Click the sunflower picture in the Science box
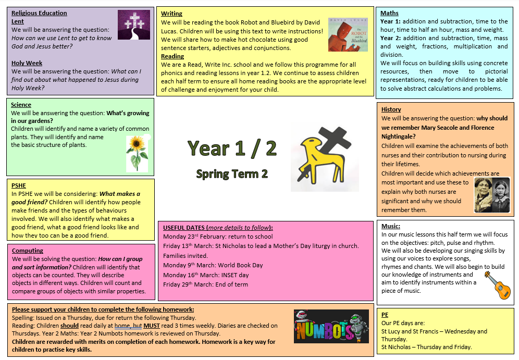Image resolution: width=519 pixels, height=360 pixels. (137, 152)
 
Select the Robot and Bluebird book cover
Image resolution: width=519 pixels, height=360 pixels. (348, 35)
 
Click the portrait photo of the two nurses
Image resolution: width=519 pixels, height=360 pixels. (491, 195)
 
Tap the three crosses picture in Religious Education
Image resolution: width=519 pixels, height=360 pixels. (134, 24)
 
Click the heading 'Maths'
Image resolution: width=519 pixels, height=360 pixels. (389, 13)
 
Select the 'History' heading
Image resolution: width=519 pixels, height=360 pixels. (391, 109)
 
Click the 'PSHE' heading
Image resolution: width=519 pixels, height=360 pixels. (19, 185)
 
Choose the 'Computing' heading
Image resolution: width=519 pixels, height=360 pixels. (27, 251)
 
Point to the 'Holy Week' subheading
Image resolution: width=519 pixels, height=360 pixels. (27, 63)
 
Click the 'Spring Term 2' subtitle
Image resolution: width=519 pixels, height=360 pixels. (232, 173)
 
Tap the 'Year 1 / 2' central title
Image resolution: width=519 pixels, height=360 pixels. (232, 148)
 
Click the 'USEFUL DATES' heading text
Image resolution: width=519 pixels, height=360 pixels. (184, 228)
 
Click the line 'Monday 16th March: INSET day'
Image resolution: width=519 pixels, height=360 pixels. (206, 275)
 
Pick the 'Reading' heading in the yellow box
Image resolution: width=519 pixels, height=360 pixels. (172, 56)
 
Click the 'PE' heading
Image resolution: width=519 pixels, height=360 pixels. (385, 315)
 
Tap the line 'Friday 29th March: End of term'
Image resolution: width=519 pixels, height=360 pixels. (205, 284)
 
